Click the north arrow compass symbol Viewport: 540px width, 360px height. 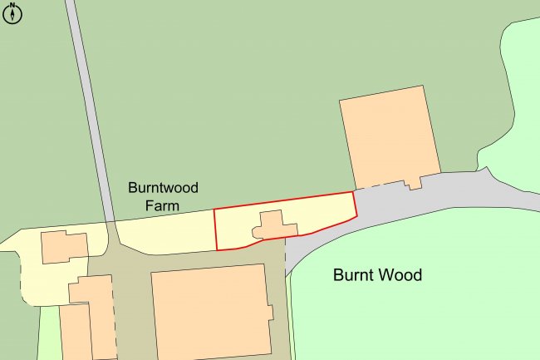click(12, 12)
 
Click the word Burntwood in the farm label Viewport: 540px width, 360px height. click(163, 188)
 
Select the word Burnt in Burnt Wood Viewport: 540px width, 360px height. click(355, 274)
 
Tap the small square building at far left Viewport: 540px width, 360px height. click(64, 248)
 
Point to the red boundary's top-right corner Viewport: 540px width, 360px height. click(352, 193)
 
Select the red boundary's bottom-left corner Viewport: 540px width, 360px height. click(217, 249)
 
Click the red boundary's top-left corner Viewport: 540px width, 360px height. click(214, 209)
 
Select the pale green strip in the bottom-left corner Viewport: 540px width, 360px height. click(48, 333)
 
